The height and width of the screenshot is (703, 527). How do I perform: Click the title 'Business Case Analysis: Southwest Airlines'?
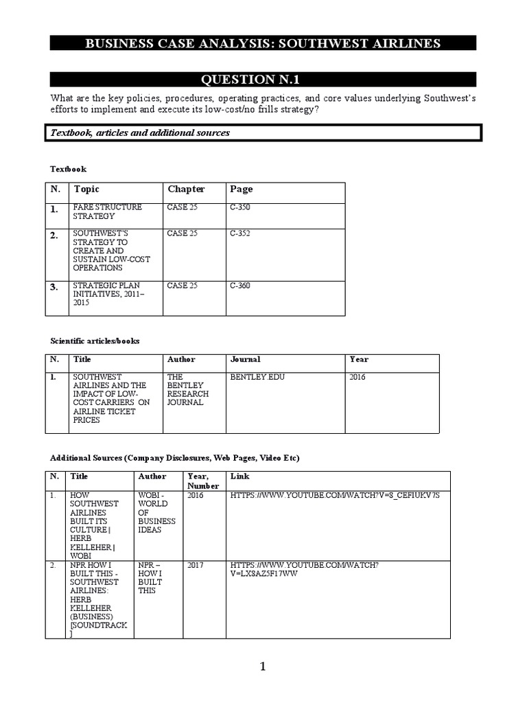coord(263,44)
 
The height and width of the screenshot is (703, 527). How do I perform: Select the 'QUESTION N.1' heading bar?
coord(263,80)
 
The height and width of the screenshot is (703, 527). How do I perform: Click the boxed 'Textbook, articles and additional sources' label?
coord(140,132)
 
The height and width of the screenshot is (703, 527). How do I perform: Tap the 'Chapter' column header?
coord(186,189)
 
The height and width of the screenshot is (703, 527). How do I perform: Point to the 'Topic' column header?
coord(86,189)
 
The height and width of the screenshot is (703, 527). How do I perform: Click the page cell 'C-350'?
coord(240,207)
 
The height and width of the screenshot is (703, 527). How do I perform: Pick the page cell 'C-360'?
coord(240,286)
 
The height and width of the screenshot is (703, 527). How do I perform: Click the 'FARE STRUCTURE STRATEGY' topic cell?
coord(107,211)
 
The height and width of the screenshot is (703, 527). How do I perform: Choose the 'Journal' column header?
coord(245,359)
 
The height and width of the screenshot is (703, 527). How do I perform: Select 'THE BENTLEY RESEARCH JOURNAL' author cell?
coord(188,389)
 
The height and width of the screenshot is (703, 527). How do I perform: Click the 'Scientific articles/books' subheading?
coord(95,341)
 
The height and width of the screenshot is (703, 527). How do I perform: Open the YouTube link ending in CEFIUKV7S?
coord(335,495)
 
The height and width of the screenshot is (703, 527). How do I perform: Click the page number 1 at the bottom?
coord(262,667)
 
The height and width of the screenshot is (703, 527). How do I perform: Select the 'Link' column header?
coord(240,476)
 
